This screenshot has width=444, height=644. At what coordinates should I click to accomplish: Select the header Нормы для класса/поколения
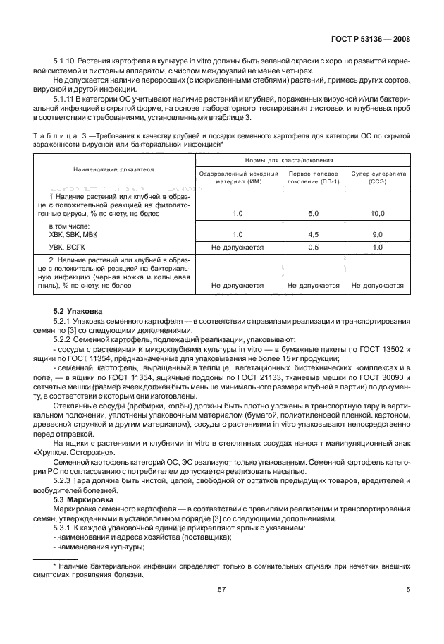309,161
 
